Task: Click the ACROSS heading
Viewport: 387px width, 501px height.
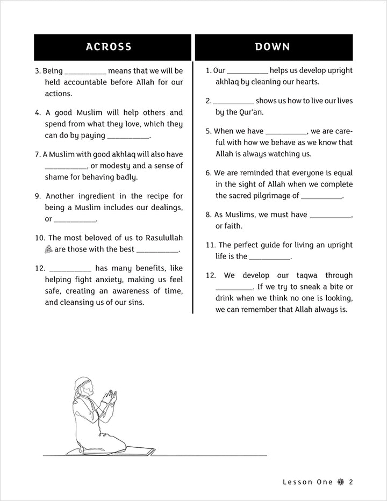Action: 109,47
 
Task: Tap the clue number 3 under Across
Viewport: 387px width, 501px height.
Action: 37,70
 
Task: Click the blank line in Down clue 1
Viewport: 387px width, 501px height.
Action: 247,70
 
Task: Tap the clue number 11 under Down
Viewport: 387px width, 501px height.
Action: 210,245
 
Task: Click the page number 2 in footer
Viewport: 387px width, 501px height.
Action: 350,482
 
